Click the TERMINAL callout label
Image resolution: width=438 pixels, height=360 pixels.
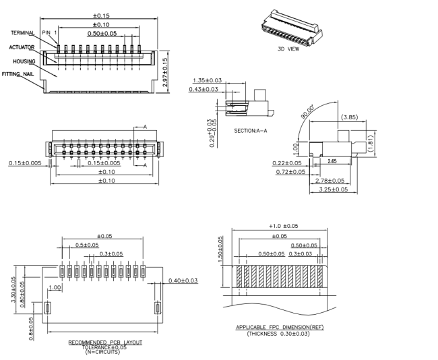point(23,33)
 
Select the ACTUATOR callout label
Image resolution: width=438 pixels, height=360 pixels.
point(22,47)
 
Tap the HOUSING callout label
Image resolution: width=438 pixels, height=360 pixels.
point(24,61)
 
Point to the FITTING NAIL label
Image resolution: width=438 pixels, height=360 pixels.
point(18,74)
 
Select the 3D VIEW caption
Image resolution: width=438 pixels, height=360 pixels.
point(288,49)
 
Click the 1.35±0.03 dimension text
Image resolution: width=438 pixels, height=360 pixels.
point(208,80)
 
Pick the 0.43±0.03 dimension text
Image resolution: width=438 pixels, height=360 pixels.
point(204,89)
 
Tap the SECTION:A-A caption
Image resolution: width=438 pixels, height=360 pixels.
point(251,131)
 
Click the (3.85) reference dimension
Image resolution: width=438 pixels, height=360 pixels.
point(350,117)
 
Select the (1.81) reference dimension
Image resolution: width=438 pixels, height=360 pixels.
point(371,144)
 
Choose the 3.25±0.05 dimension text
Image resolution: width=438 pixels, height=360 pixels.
point(334,189)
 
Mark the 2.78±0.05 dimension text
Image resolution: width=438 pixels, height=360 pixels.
point(330,181)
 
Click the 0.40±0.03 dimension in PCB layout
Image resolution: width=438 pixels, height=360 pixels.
point(183,280)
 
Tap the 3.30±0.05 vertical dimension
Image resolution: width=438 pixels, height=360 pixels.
point(13,289)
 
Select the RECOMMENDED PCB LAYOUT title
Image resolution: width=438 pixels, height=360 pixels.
point(105,342)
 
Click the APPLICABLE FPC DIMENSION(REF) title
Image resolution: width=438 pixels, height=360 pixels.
point(280,327)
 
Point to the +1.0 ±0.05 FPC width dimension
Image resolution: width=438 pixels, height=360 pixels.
point(283,226)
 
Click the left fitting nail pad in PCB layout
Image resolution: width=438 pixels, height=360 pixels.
point(47,308)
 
